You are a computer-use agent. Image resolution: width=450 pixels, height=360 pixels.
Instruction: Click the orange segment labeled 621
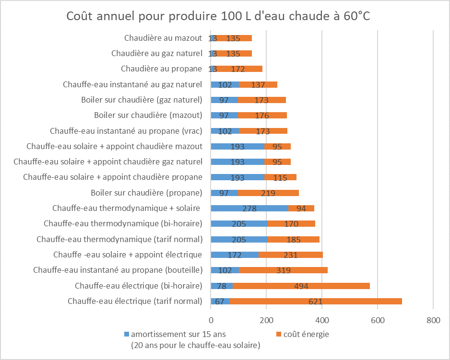click(x=315, y=301)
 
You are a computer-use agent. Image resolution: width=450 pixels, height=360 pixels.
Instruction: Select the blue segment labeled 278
click(x=249, y=208)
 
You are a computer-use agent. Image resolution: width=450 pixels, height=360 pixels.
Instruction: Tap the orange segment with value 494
click(x=301, y=286)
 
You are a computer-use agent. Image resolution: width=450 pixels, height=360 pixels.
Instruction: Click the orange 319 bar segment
click(x=283, y=270)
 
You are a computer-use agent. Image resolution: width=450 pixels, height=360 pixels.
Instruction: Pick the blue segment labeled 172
click(x=235, y=255)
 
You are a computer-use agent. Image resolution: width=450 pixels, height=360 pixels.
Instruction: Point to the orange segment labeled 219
click(x=268, y=193)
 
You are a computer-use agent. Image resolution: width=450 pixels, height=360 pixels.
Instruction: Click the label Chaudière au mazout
click(x=163, y=38)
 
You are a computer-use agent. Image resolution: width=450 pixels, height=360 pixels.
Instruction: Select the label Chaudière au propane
click(x=161, y=69)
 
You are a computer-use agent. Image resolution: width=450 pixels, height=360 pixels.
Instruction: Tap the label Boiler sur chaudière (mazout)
click(x=148, y=115)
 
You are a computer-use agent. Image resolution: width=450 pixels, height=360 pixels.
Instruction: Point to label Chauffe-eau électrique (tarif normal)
click(x=135, y=301)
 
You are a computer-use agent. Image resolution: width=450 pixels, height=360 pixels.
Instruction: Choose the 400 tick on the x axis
click(x=322, y=320)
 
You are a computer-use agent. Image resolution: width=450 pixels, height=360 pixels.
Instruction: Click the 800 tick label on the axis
click(x=433, y=320)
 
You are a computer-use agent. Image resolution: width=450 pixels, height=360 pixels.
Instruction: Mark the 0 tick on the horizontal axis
click(x=211, y=320)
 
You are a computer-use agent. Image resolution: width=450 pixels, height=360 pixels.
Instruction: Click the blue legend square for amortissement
click(x=126, y=334)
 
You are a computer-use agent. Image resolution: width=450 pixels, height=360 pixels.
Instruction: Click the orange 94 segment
click(x=301, y=208)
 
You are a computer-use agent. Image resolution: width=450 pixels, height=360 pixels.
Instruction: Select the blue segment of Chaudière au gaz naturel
click(x=213, y=53)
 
